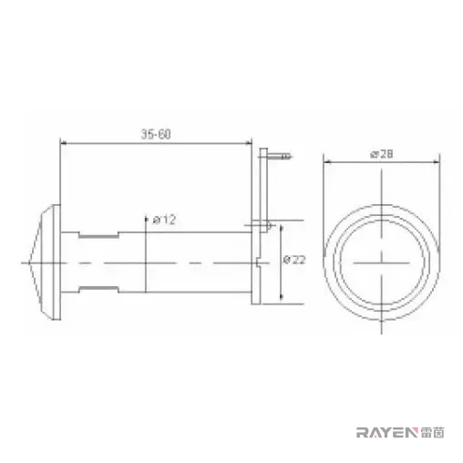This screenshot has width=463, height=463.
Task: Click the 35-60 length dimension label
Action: coord(156,134)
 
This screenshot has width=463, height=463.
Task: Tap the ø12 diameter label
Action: coord(164,220)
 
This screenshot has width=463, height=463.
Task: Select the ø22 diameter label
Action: coord(294,260)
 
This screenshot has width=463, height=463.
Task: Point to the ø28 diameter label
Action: coord(382,154)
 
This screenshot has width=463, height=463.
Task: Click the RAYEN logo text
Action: coord(387,432)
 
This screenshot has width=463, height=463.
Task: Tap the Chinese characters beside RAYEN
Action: coord(433,432)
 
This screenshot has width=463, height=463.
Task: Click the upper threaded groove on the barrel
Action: coord(98,235)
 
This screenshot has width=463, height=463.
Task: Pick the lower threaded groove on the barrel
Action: coord(98,289)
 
